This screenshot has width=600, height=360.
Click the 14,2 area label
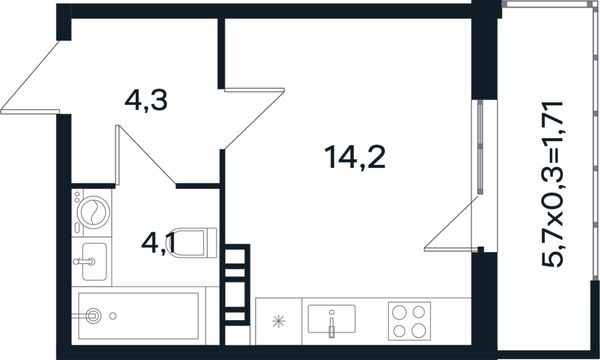[355, 158]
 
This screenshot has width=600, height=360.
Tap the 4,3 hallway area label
[146, 101]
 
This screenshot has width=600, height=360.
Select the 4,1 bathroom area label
[159, 244]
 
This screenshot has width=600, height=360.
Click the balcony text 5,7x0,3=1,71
[553, 184]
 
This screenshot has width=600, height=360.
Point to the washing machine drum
[93, 212]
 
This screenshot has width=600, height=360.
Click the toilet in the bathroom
[192, 243]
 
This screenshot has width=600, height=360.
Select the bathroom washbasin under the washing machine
[94, 262]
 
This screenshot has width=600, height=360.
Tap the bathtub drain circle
[112, 316]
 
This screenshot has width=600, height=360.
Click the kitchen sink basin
[332, 319]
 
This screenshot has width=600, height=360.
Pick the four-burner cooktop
[409, 321]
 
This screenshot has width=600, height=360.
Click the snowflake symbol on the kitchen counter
[279, 321]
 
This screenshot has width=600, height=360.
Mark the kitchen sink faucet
[332, 324]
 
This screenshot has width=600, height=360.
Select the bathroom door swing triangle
[145, 155]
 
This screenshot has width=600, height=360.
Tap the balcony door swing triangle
[451, 223]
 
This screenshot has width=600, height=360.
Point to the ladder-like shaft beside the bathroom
[237, 285]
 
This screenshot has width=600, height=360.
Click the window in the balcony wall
[480, 148]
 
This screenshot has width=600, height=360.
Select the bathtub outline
[139, 316]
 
